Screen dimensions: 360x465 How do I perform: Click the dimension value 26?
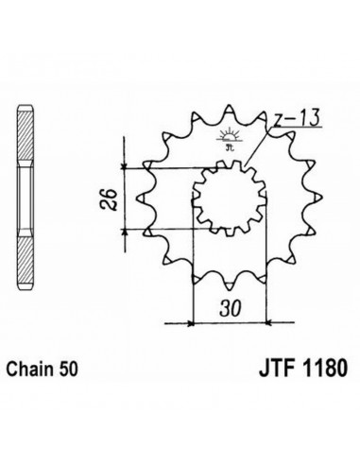click(x=109, y=199)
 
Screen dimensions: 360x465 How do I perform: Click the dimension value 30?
click(x=231, y=308)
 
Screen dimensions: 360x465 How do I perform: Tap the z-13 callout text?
click(x=296, y=117)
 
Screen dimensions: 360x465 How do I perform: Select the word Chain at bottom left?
click(x=30, y=369)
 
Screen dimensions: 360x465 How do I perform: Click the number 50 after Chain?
click(x=67, y=369)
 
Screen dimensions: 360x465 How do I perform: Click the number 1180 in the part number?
click(x=325, y=368)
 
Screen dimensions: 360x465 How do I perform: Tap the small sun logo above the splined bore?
click(x=229, y=139)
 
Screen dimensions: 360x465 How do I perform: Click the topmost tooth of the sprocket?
click(x=229, y=112)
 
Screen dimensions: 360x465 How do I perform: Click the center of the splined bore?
click(x=229, y=198)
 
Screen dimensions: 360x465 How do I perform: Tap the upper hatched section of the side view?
click(x=26, y=135)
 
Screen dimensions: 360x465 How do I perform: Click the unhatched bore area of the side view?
click(x=26, y=198)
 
